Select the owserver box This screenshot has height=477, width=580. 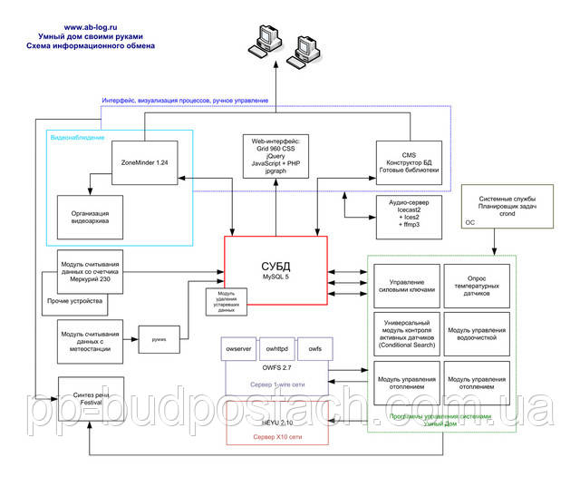(x=238, y=348)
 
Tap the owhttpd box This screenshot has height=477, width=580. (x=276, y=348)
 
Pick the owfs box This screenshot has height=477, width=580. (x=314, y=348)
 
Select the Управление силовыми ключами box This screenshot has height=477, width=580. (x=405, y=287)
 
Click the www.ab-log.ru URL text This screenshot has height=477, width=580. (x=91, y=28)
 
